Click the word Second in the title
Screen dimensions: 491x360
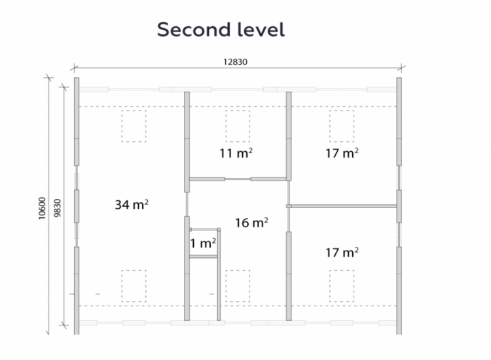(x=194, y=29)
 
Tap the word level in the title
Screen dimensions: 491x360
(x=261, y=29)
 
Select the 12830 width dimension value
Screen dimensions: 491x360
(x=235, y=62)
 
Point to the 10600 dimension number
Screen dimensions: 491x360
(x=42, y=208)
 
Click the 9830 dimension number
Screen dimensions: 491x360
(x=58, y=208)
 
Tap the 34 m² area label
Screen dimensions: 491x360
(x=132, y=205)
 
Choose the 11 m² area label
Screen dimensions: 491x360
(x=236, y=153)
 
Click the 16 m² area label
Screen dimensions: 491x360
(x=251, y=223)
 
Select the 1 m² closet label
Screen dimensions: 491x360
(x=203, y=243)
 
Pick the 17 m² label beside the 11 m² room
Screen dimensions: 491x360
(x=342, y=153)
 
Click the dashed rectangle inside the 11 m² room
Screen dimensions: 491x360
(x=238, y=126)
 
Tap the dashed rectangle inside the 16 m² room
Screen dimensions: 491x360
(x=238, y=286)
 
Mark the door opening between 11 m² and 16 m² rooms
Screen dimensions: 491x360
(x=238, y=179)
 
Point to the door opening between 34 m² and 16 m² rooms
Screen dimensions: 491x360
(x=187, y=204)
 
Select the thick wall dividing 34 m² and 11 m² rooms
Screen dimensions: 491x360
(x=187, y=142)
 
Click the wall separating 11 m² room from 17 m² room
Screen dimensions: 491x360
(x=289, y=136)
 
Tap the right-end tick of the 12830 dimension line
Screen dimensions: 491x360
(x=402, y=67)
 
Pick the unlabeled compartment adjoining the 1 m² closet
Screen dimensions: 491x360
(x=203, y=289)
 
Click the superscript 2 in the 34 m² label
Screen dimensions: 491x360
(x=147, y=202)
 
